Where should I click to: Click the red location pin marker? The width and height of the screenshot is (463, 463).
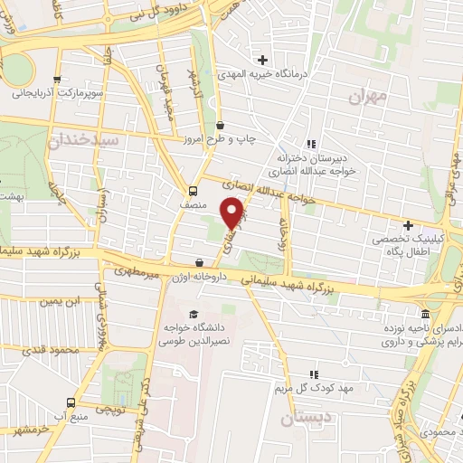coord(234,213)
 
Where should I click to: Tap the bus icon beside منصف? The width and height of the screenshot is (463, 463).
coord(192,190)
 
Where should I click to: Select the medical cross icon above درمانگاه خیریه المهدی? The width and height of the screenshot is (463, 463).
coord(262,59)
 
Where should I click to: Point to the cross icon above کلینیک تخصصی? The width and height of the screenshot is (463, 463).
coord(408,225)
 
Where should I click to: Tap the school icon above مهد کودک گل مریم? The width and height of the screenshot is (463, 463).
coord(314,373)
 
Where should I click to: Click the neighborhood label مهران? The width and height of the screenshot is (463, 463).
coord(371,96)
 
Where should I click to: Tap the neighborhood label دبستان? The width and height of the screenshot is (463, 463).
coord(300,420)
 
